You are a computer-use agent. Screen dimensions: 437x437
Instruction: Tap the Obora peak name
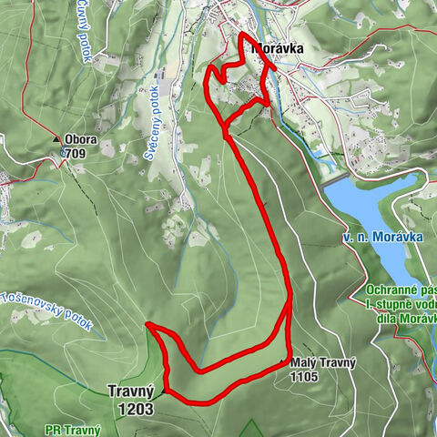(x=81, y=140)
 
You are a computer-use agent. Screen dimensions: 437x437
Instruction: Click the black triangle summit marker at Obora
(x=57, y=139)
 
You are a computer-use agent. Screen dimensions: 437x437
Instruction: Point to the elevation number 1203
(x=135, y=410)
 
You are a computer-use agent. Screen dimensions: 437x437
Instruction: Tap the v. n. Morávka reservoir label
(x=372, y=237)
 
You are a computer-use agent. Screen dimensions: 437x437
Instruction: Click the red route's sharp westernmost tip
(x=147, y=324)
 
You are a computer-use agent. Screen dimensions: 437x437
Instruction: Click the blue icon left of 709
(x=64, y=154)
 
